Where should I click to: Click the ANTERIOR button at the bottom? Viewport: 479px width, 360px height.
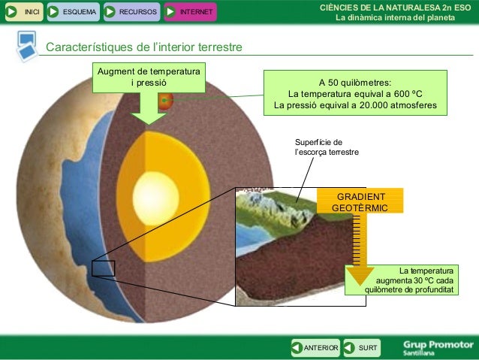click(x=315, y=347)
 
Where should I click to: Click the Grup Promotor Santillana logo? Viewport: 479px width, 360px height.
click(x=438, y=347)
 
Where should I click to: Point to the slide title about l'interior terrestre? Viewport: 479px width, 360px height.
click(x=144, y=47)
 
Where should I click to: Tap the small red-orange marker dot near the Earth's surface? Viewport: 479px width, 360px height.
click(x=165, y=99)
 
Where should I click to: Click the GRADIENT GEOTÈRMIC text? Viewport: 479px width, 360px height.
click(x=360, y=201)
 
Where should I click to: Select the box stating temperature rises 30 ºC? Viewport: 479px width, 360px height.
click(x=402, y=279)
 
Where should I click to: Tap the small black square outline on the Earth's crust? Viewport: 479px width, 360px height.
click(x=103, y=268)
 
